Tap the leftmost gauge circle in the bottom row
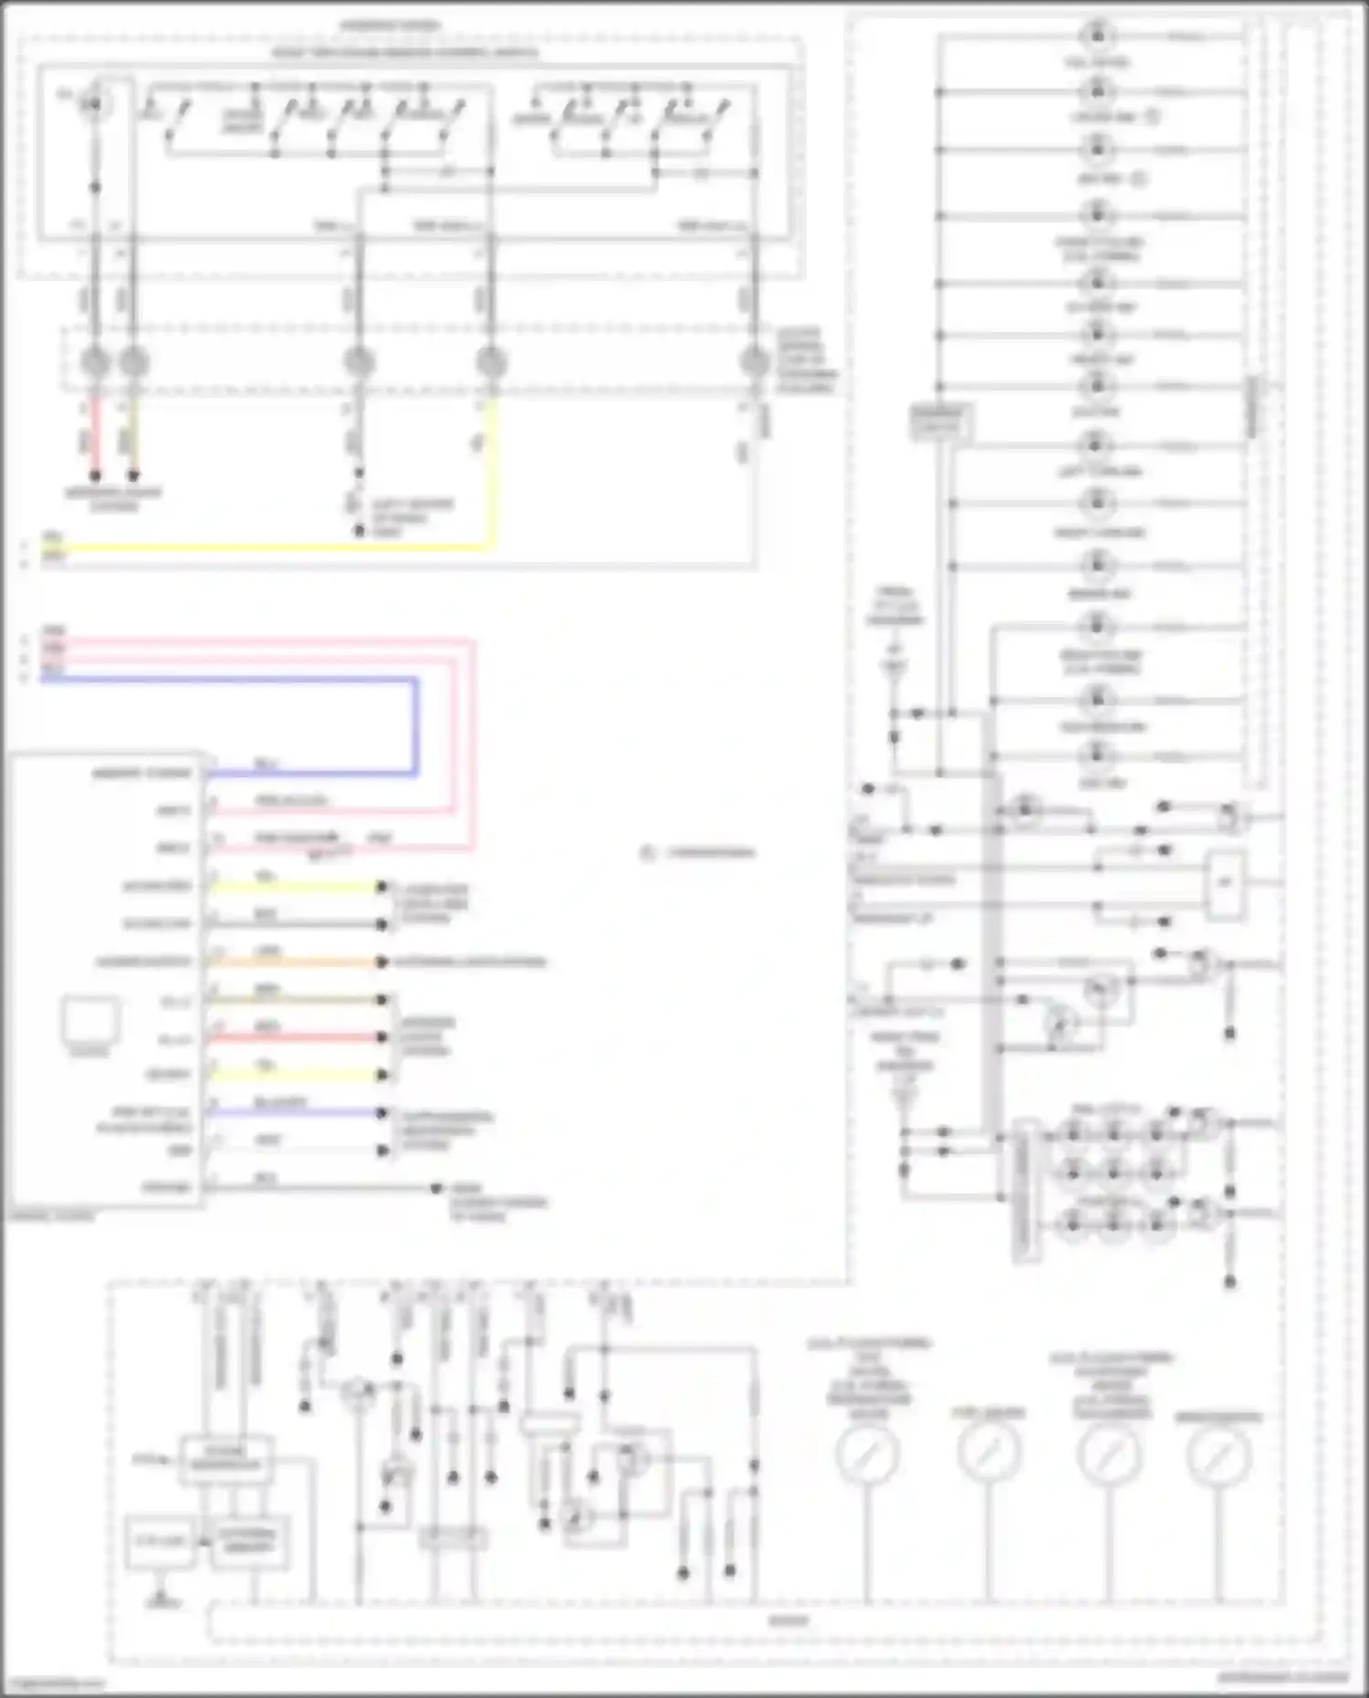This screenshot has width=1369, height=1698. [x=867, y=1452]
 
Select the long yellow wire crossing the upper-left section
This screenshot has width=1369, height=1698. [x=274, y=548]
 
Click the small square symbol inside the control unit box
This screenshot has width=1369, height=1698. [x=90, y=1020]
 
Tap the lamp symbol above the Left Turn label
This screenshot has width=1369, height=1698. [x=1097, y=445]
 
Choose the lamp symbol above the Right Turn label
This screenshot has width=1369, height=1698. [x=1097, y=503]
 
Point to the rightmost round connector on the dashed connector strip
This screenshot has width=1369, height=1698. [x=754, y=362]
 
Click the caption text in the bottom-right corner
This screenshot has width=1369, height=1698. [x=1282, y=1677]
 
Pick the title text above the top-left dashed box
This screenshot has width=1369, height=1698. [x=391, y=25]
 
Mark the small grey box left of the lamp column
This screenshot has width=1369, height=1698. [x=940, y=421]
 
